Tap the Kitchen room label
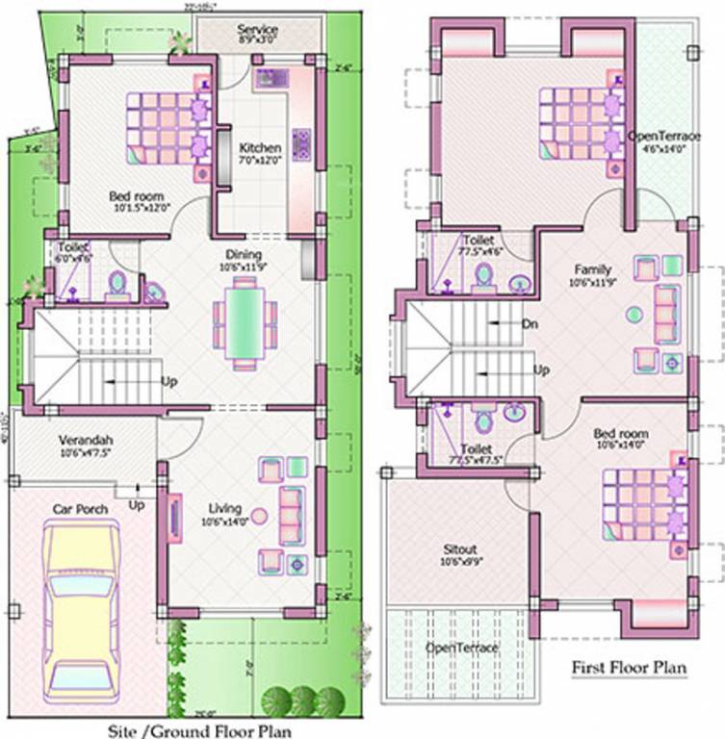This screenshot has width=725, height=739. [x=260, y=149]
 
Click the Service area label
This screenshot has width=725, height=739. [x=257, y=31]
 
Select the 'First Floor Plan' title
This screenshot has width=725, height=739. [x=629, y=666]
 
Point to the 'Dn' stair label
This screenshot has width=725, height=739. [x=529, y=323]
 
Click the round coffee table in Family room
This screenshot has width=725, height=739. [x=633, y=314]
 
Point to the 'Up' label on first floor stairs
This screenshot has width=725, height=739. [x=541, y=369]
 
